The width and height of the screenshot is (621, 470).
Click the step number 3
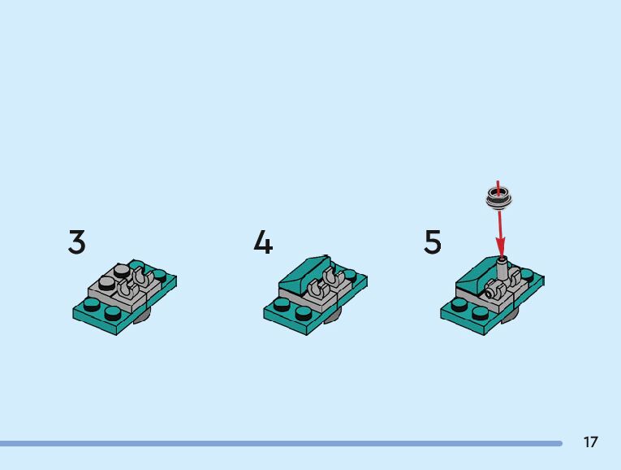(76, 242)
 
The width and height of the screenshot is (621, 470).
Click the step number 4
(263, 242)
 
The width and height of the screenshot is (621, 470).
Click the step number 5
(433, 242)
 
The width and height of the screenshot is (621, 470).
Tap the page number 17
(590, 442)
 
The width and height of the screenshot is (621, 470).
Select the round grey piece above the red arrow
(499, 196)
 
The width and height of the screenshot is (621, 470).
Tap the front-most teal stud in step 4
(304, 313)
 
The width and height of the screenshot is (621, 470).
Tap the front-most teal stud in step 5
(481, 313)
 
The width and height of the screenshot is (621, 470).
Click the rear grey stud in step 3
(122, 270)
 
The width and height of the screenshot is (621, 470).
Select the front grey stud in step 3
(107, 283)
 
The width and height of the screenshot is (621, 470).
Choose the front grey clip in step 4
(315, 289)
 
